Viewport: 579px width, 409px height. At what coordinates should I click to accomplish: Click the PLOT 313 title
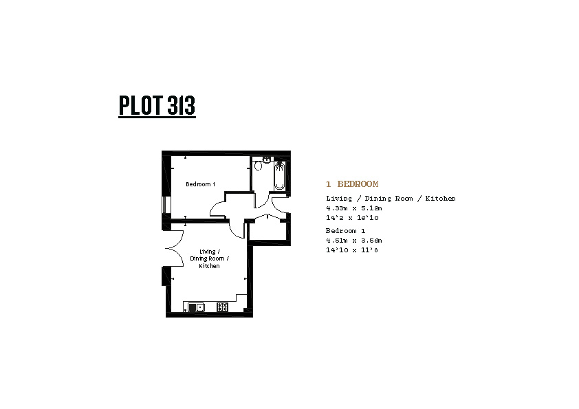pos(157,105)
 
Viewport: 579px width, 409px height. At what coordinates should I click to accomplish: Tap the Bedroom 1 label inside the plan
pos(201,184)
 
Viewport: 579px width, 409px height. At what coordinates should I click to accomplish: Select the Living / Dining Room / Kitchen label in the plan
pos(209,258)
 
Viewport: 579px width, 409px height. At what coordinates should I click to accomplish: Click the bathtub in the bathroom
pos(280,176)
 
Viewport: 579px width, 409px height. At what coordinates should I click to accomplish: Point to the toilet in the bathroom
pos(258,165)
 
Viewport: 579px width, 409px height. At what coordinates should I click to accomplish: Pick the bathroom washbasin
pos(267,159)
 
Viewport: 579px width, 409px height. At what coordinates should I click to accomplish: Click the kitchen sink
pos(196,307)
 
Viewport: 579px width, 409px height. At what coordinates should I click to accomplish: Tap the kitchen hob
pos(222,307)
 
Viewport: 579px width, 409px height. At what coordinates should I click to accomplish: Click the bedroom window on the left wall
pos(167,205)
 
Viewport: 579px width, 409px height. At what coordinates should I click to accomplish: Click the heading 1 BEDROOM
pos(352,184)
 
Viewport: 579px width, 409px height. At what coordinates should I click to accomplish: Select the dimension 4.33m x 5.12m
pos(353,208)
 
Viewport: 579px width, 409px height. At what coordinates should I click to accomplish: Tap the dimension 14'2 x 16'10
pos(352,218)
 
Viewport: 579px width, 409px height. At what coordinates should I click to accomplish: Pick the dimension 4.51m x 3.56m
pos(353,241)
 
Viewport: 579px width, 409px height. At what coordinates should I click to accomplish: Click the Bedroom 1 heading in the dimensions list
pos(346,231)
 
